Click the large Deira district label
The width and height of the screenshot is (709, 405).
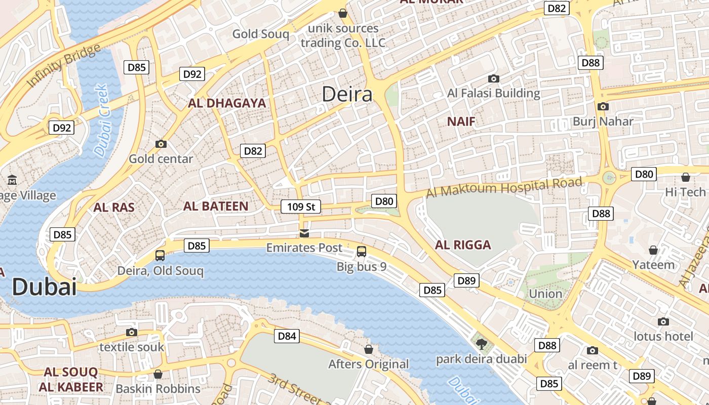tap(347, 95)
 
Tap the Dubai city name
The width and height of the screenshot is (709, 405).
tap(44, 288)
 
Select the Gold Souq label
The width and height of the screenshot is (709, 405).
tap(260, 34)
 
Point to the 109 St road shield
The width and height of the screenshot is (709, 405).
tap(301, 207)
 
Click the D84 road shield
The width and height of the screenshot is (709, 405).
tap(287, 336)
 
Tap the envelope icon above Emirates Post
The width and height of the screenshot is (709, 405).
tap(304, 233)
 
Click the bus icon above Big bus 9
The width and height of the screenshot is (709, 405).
tap(362, 251)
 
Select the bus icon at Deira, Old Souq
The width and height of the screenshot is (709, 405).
tap(160, 256)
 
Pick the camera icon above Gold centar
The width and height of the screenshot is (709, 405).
tap(161, 144)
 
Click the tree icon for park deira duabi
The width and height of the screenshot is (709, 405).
tap(481, 344)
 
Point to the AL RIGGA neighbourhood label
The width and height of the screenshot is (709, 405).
tap(463, 245)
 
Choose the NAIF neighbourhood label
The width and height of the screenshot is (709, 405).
tap(461, 121)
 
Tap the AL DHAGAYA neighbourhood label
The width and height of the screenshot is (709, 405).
tap(227, 103)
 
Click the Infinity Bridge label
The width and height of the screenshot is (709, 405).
tap(63, 66)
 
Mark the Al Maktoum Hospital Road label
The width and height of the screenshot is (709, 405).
tap(503, 188)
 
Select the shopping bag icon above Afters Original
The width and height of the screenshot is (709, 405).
tap(369, 349)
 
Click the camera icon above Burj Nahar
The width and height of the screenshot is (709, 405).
tap(603, 106)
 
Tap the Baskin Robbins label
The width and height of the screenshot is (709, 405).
tap(158, 389)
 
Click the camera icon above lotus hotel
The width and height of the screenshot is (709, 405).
tap(663, 321)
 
